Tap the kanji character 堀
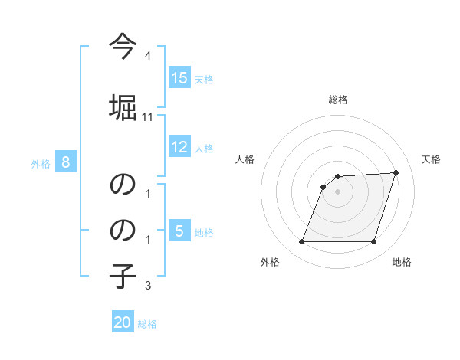pos(123,105)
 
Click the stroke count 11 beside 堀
pos(148,117)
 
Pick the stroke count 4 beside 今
pos(148,57)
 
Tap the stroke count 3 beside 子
pos(148,286)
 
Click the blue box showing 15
pos(179,78)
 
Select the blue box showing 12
pos(179,147)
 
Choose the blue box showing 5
pos(179,231)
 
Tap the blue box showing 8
pos(66,162)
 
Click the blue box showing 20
pos(123,323)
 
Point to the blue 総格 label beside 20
pos(147,324)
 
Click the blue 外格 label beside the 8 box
pos(41,163)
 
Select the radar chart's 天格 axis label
pos(432,159)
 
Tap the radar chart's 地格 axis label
pos(402,262)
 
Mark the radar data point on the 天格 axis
pos(396,172)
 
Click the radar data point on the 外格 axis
pos(301,242)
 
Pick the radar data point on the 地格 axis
pos(373,242)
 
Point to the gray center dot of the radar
pos(337,191)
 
